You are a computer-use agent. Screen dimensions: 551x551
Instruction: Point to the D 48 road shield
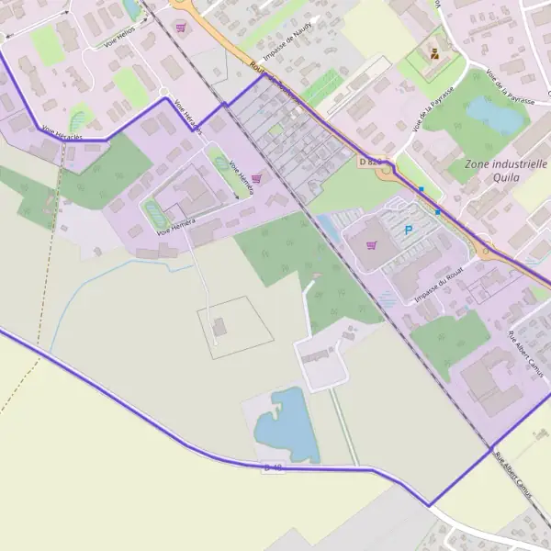coord(272,468)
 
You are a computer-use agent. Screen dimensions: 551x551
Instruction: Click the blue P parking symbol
coord(409,231)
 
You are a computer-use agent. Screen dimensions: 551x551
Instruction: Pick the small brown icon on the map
coord(434,51)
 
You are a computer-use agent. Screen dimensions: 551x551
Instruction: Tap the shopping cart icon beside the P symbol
coord(372,245)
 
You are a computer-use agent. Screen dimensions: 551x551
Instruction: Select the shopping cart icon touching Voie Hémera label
coord(256,179)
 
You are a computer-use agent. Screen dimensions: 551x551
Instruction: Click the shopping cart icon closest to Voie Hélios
coord(181,28)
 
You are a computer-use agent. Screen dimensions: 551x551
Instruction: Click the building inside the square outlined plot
coord(219,327)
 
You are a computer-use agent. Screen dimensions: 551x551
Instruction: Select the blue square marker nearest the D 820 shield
coord(422,190)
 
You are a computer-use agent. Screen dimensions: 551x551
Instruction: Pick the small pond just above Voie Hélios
coord(132,8)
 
